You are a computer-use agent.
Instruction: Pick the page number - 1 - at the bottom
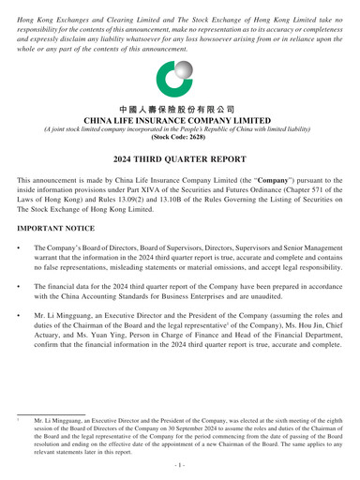coord(180,465)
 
